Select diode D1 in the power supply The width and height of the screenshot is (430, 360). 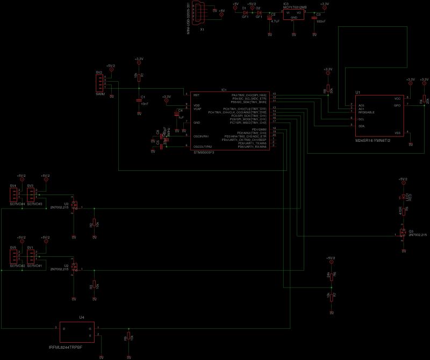coord(245,12)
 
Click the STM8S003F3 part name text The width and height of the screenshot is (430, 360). coord(204,153)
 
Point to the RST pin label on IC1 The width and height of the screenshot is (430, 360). coord(197,95)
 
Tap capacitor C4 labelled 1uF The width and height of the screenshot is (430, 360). coord(176,114)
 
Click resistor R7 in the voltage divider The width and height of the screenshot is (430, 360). coord(332,296)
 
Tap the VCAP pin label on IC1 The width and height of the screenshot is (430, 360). coord(197,109)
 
